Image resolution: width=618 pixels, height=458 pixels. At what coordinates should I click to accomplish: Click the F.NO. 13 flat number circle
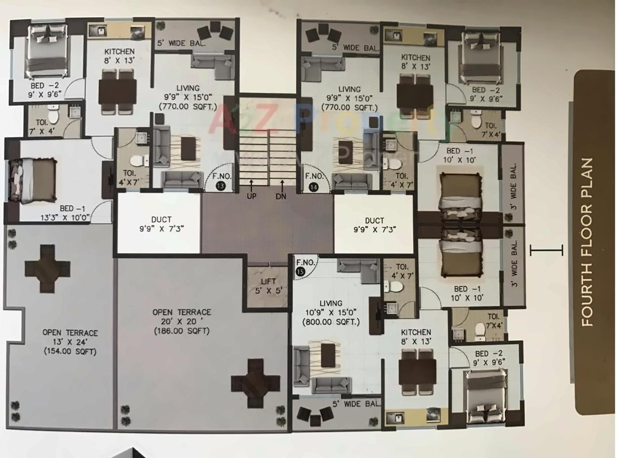pyautogui.click(x=220, y=186)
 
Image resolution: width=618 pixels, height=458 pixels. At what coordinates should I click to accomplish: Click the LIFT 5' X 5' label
pyautogui.click(x=268, y=286)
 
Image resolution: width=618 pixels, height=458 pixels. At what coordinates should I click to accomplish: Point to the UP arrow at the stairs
pyautogui.click(x=251, y=190)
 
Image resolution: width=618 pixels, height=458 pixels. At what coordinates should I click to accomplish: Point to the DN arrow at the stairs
pyautogui.click(x=281, y=190)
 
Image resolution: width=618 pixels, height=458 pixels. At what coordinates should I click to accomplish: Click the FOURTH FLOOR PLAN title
pyautogui.click(x=587, y=242)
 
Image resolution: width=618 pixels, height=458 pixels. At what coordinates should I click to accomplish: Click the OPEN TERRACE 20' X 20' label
pyautogui.click(x=182, y=317)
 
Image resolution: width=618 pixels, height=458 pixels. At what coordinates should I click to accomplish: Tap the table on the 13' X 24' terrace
pyautogui.click(x=48, y=269)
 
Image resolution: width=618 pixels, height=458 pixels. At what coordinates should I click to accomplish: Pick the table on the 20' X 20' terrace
pyautogui.click(x=255, y=383)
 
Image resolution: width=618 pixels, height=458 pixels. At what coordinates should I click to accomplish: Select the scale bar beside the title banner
pyautogui.click(x=546, y=250)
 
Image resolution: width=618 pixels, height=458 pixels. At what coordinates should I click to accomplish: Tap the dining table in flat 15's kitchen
pyautogui.click(x=417, y=372)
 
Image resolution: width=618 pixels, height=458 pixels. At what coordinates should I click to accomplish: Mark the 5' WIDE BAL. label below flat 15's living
pyautogui.click(x=357, y=404)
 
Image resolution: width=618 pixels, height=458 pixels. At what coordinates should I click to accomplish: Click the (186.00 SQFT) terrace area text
pyautogui.click(x=182, y=331)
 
